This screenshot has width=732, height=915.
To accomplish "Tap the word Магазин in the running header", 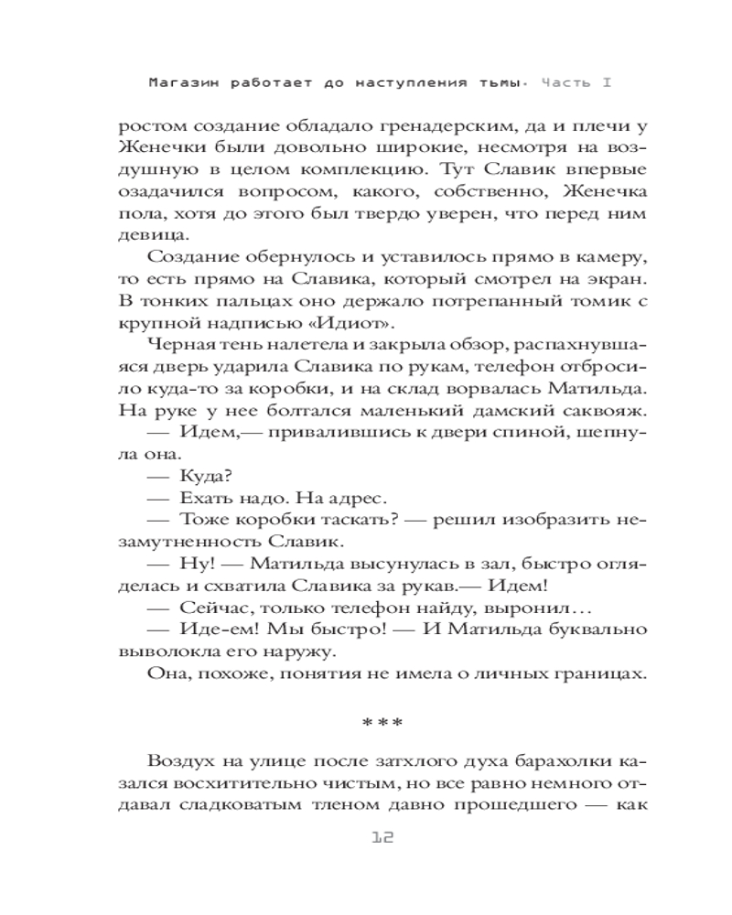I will click(x=179, y=82).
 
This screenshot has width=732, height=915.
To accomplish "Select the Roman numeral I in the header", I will click(x=606, y=82).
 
